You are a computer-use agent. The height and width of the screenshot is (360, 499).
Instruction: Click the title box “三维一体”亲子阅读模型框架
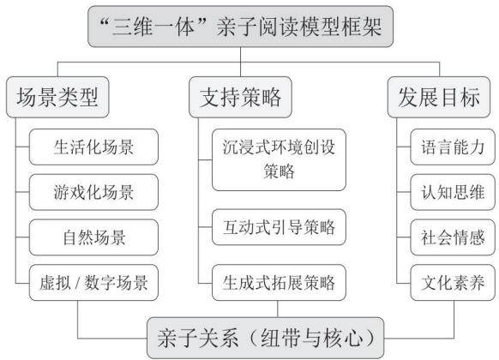pyautogui.click(x=240, y=27)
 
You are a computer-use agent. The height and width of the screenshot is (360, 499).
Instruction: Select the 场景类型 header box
pyautogui.click(x=57, y=97)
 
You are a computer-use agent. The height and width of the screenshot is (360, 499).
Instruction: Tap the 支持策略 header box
pyautogui.click(x=240, y=97)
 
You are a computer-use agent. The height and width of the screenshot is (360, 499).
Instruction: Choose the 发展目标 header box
pyautogui.click(x=439, y=97)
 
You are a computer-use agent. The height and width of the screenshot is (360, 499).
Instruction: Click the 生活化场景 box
pyautogui.click(x=93, y=147)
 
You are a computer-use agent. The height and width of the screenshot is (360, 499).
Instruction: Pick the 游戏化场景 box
pyautogui.click(x=93, y=192)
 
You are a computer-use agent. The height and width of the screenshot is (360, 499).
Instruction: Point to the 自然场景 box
pyautogui.click(x=93, y=237)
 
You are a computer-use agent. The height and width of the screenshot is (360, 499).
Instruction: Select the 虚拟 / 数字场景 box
pyautogui.click(x=93, y=282)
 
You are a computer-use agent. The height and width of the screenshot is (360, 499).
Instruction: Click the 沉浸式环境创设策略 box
pyautogui.click(x=279, y=159)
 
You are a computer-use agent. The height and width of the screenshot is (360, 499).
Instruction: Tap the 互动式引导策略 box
pyautogui.click(x=279, y=227)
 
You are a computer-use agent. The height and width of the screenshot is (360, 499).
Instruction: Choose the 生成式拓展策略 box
pyautogui.click(x=279, y=282)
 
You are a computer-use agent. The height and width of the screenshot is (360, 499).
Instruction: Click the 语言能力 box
pyautogui.click(x=453, y=147)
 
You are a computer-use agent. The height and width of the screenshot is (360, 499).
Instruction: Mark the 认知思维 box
pyautogui.click(x=453, y=192)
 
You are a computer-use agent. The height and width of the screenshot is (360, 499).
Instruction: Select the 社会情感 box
pyautogui.click(x=453, y=237)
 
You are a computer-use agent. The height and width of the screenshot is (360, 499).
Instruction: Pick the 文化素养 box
pyautogui.click(x=453, y=282)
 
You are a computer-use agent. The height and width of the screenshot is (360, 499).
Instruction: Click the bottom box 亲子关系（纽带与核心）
pyautogui.click(x=266, y=338)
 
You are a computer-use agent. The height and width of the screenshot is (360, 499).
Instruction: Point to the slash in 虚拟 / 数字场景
pyautogui.click(x=77, y=283)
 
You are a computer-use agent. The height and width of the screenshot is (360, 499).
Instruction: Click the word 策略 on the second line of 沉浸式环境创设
pyautogui.click(x=279, y=171)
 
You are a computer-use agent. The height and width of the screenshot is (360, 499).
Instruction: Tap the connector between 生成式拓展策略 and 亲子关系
pyautogui.click(x=278, y=309)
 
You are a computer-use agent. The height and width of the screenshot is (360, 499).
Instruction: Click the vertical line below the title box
pyautogui.click(x=241, y=62)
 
